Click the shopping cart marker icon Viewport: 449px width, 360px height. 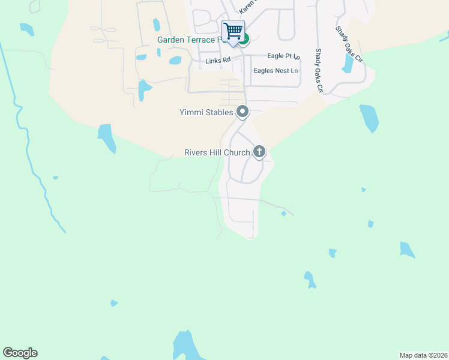pyautogui.click(x=233, y=31)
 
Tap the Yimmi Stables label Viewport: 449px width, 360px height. pyautogui.click(x=206, y=112)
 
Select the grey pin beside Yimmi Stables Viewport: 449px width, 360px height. pyautogui.click(x=243, y=112)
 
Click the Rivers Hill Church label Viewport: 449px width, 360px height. pyautogui.click(x=217, y=152)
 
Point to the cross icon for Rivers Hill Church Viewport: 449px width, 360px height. pyautogui.click(x=259, y=152)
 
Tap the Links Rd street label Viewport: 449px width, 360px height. pyautogui.click(x=217, y=60)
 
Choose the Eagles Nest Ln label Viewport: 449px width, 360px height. pyautogui.click(x=276, y=71)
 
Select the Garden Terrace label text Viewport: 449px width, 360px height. pyautogui.click(x=189, y=40)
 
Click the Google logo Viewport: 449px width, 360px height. pyautogui.click(x=20, y=353)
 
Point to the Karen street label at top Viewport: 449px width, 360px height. pyautogui.click(x=247, y=7)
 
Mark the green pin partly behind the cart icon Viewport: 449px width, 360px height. pyautogui.click(x=244, y=40)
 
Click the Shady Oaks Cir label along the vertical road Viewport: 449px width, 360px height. pyautogui.click(x=319, y=71)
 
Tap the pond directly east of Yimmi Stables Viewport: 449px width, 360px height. pyautogui.click(x=369, y=118)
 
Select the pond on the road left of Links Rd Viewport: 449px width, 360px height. pyautogui.click(x=144, y=89)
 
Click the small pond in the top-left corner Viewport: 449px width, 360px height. pyautogui.click(x=27, y=29)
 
